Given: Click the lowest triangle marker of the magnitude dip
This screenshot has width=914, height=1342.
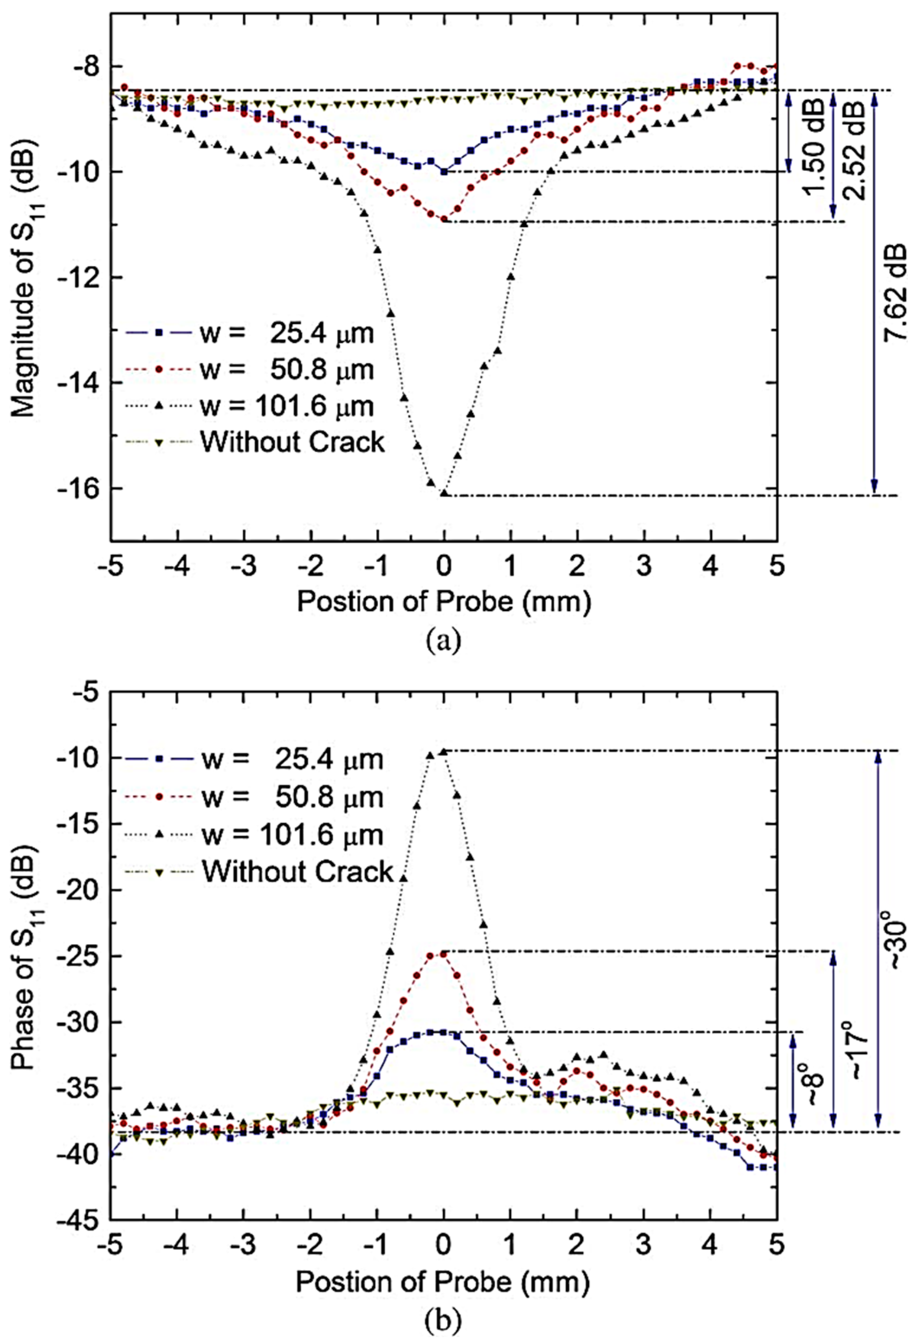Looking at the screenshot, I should (x=444, y=493).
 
